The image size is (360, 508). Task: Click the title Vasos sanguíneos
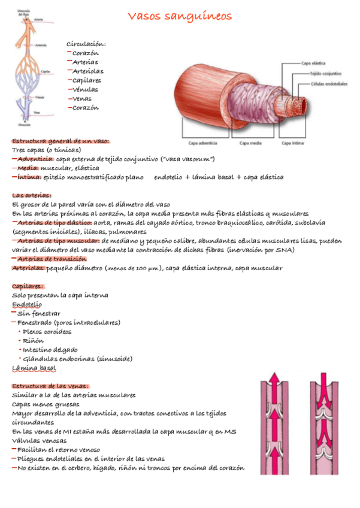coord(180,16)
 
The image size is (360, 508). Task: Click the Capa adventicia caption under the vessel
coord(203,143)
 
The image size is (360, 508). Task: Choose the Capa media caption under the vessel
coord(249,143)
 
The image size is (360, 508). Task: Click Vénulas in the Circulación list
coord(84,89)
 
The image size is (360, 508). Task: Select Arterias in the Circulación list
coord(85,62)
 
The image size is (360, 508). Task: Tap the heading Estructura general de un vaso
coord(60,140)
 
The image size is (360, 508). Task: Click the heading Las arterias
coord(32,195)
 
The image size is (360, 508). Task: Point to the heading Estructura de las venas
coord(50,386)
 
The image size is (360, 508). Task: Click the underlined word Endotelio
coord(27,304)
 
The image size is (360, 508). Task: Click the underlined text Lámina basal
coord(34,367)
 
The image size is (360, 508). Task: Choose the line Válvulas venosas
coord(41,440)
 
